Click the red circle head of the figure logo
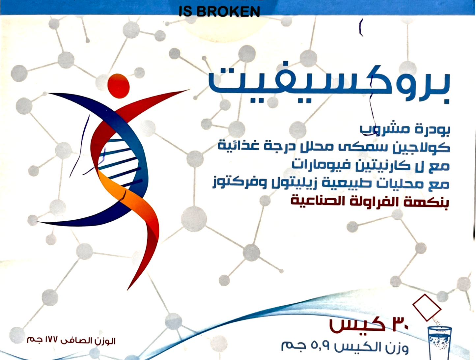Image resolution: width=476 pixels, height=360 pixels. [x=119, y=86]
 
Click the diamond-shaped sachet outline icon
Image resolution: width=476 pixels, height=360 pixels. [x=427, y=307]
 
